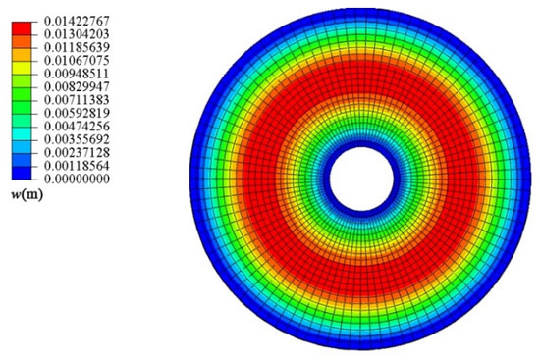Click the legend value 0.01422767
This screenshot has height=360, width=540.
77,21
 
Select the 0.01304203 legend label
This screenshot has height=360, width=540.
77,34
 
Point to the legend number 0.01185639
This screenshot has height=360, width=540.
77,47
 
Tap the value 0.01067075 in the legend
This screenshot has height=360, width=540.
77,61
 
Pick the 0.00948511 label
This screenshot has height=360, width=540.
77,74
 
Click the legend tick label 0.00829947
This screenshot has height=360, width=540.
77,86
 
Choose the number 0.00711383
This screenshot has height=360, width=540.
77,100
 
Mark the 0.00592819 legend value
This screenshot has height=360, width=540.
77,113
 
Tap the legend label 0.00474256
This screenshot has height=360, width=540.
77,127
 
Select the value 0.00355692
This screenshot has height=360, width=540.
77,139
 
